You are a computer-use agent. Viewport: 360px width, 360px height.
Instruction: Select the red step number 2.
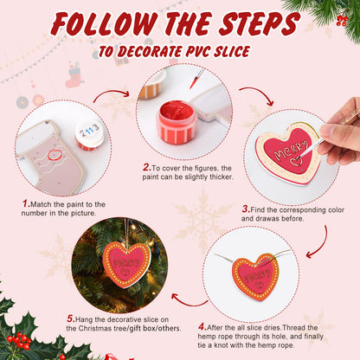pyautogui.click(x=145, y=168)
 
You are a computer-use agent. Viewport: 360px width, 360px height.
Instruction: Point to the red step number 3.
pyautogui.click(x=245, y=209)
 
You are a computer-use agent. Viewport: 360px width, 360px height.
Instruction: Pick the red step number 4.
pyautogui.click(x=202, y=326)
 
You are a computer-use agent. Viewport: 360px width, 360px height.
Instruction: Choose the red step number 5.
pyautogui.click(x=70, y=318)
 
